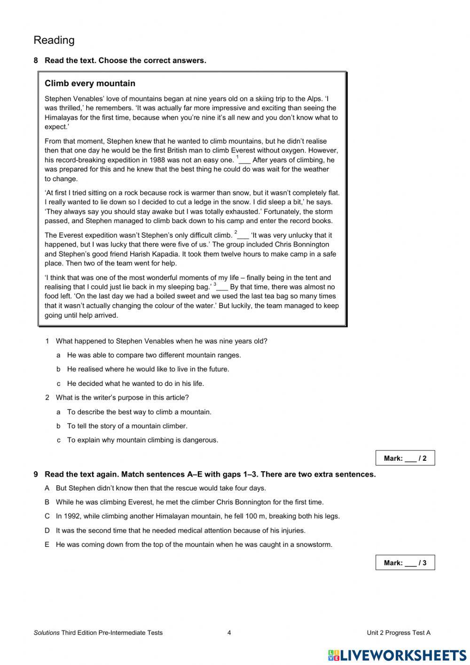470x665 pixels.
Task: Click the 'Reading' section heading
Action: tap(54, 40)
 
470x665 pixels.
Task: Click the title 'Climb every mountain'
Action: tap(90, 84)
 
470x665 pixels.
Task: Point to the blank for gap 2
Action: tap(243, 236)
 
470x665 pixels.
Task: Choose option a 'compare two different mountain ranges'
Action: tap(154, 355)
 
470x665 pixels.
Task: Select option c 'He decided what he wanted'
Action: tap(135, 384)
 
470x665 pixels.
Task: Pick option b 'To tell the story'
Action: tap(127, 426)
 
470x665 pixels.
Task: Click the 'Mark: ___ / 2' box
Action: tap(405, 458)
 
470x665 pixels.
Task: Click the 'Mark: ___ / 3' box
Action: tap(405, 562)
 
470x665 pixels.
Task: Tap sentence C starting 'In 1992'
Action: tap(197, 516)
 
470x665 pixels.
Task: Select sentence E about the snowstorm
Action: tap(194, 545)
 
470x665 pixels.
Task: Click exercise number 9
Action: tap(36, 474)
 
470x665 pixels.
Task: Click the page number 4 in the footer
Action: tap(229, 633)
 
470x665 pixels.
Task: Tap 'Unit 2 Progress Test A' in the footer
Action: tap(398, 633)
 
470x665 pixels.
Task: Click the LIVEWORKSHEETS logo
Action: tap(397, 655)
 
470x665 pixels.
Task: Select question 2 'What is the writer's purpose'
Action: tap(122, 398)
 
